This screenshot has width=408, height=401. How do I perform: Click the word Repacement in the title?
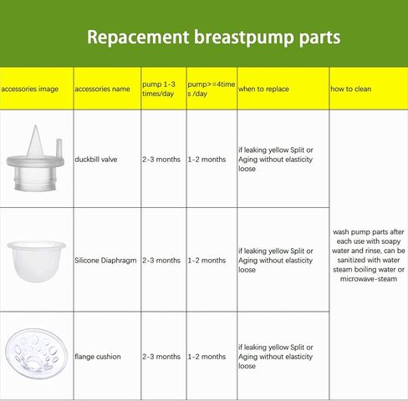click(138, 38)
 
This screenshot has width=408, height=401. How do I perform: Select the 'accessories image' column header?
click(29, 89)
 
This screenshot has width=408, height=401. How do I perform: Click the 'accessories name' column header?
click(102, 89)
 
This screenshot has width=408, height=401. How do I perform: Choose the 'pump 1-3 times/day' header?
click(159, 89)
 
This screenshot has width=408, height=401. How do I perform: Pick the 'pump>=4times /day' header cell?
click(212, 89)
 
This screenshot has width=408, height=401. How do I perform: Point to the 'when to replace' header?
click(263, 89)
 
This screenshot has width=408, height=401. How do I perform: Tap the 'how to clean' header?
click(350, 89)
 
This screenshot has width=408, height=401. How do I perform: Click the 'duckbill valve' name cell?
click(96, 160)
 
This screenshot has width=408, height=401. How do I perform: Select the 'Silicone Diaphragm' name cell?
click(105, 261)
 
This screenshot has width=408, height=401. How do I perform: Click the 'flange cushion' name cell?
click(98, 357)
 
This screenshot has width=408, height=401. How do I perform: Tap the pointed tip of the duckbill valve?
click(35, 126)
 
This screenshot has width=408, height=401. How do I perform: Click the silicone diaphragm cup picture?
click(36, 261)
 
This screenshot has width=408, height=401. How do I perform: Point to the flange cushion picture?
click(36, 353)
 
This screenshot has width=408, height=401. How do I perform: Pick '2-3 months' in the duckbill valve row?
click(161, 160)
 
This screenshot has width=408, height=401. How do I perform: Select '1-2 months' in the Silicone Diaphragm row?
click(207, 261)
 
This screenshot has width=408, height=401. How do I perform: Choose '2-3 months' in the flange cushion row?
click(161, 357)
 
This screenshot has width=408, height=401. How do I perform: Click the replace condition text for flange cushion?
click(275, 357)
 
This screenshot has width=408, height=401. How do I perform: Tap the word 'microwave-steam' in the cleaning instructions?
click(369, 279)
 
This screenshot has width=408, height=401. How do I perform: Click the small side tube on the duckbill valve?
click(59, 148)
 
